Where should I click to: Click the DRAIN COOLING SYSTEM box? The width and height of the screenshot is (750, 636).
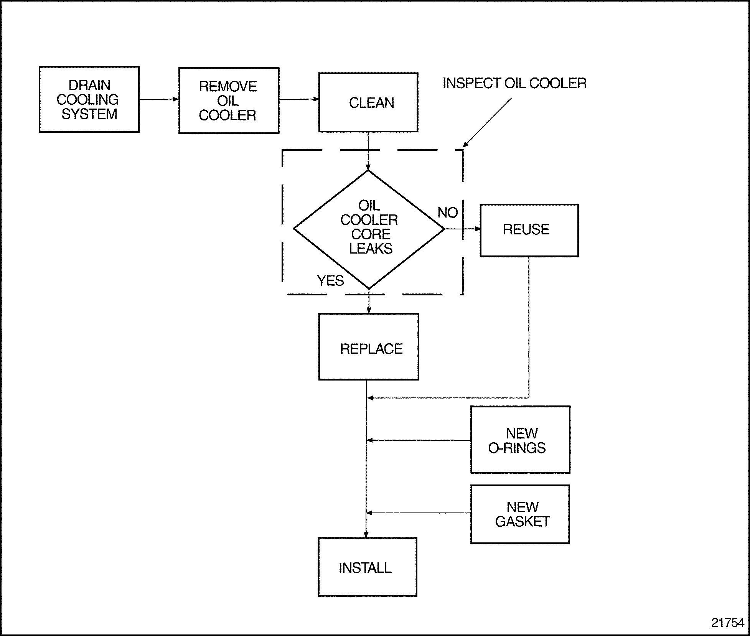tap(89, 99)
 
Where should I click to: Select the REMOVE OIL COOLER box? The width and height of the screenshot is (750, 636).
tap(229, 101)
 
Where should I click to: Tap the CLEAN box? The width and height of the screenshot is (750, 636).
tap(368, 102)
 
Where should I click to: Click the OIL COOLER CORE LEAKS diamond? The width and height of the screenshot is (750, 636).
tap(369, 229)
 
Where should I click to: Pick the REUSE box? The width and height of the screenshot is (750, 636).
tap(529, 230)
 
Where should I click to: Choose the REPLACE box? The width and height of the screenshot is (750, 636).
tap(368, 347)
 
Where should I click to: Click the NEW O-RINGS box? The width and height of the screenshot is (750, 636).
tap(520, 440)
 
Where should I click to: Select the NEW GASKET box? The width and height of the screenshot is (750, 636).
tap(520, 514)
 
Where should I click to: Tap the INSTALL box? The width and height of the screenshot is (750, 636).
tap(367, 567)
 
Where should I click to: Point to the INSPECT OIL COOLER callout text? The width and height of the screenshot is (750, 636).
tap(514, 83)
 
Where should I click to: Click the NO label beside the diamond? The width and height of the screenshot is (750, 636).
tap(447, 213)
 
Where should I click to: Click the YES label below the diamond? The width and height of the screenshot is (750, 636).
tap(330, 281)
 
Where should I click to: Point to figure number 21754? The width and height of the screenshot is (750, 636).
tap(727, 623)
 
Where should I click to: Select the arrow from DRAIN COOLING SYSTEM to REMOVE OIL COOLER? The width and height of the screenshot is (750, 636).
tap(159, 99)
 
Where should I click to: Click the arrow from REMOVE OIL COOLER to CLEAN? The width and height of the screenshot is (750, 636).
tap(299, 99)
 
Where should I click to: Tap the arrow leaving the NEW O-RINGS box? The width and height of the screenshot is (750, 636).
tap(418, 440)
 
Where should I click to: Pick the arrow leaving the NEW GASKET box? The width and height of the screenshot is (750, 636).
tap(418, 513)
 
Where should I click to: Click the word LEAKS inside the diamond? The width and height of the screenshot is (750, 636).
tap(371, 249)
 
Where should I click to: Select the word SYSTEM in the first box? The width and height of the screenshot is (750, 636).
tap(89, 114)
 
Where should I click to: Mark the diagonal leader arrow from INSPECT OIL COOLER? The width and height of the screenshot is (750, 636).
tap(487, 122)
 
